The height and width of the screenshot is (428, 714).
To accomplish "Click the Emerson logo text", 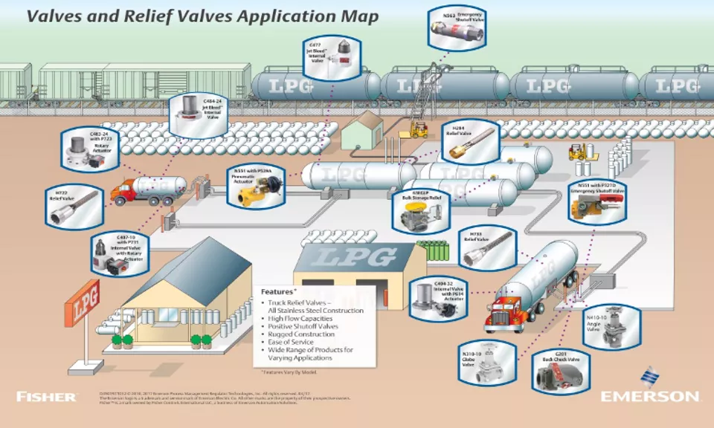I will [649, 395].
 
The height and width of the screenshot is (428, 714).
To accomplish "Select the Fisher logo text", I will [46, 396].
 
